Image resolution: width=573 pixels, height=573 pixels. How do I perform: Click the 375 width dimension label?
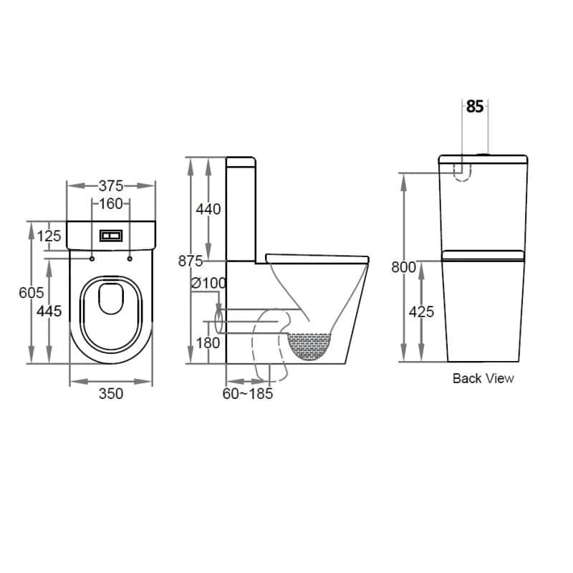[111, 185]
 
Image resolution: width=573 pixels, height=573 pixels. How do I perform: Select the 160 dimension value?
[111, 204]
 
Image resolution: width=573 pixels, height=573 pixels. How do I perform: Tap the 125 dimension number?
[49, 236]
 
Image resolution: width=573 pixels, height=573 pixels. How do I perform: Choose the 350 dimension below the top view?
[111, 393]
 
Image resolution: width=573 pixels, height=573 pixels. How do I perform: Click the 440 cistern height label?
[208, 210]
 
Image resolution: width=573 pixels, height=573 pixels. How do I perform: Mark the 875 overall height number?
[191, 261]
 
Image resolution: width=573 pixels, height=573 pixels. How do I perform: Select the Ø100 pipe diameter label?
[208, 283]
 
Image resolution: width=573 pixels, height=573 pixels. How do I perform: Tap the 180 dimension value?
[208, 343]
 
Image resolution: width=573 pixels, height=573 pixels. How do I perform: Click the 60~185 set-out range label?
[248, 393]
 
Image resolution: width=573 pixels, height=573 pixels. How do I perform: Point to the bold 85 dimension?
[474, 107]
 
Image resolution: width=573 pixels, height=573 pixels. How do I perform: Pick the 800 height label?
[404, 267]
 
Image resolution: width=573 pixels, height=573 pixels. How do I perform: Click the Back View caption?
[483, 378]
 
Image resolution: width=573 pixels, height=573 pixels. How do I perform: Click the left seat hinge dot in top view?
[93, 258]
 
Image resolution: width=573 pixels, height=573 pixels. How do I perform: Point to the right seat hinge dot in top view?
[130, 258]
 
